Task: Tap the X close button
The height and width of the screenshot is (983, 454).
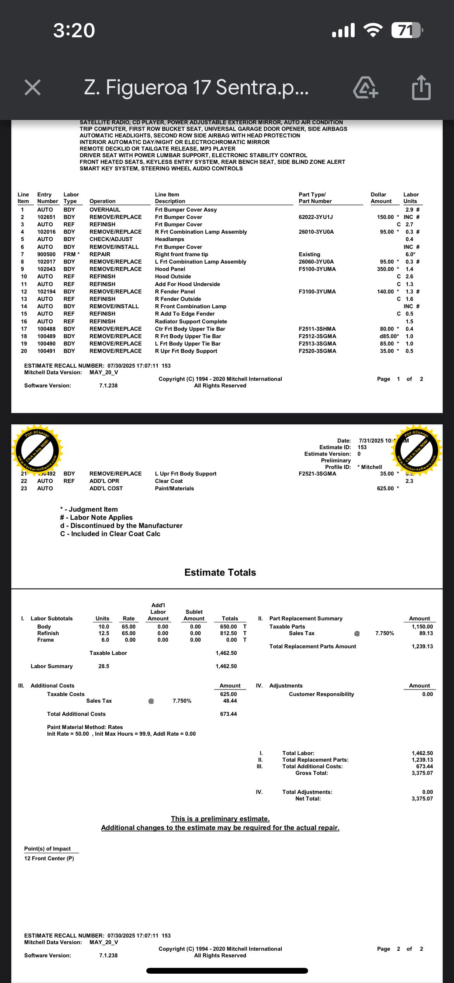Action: point(33,87)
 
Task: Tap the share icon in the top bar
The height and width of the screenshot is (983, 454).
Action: point(421,87)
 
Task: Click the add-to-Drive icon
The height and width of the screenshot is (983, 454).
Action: point(365,87)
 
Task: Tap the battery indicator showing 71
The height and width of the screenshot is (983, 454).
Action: point(406,30)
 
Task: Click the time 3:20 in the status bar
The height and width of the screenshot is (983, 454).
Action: point(74,30)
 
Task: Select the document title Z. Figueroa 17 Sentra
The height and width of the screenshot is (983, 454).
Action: point(196,87)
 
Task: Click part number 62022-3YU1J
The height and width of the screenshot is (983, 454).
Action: point(315,217)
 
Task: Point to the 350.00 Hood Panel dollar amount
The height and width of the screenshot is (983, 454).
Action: point(385,269)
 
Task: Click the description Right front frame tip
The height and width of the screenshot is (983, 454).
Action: point(181,254)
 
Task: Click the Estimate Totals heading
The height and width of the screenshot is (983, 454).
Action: point(220,572)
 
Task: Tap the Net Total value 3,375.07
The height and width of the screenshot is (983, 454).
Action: point(422,799)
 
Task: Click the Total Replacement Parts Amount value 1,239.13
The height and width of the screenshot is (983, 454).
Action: point(422,646)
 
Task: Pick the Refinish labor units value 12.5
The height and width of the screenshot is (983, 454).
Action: point(104,633)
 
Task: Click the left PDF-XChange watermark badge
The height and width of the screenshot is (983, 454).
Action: point(38,451)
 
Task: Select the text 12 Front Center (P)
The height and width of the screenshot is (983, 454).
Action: point(49,858)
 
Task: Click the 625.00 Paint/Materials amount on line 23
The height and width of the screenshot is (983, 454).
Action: point(385,488)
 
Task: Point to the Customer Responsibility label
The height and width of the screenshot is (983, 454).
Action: point(321,694)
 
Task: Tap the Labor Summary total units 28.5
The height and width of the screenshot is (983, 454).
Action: point(104,666)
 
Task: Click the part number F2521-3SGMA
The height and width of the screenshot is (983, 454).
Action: point(317,474)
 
